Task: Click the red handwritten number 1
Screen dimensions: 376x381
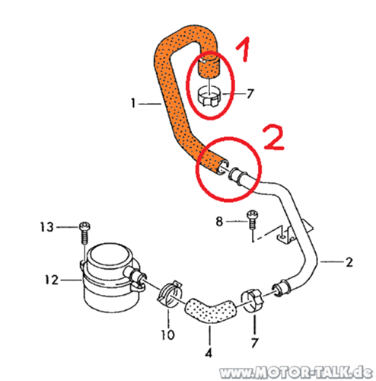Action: (244, 49)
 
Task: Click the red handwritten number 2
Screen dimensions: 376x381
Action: (274, 137)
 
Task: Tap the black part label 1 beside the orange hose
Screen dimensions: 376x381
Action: (133, 104)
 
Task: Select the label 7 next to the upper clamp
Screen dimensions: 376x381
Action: (250, 94)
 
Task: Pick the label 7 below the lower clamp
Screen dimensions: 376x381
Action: (254, 343)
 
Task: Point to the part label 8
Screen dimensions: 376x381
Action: (219, 222)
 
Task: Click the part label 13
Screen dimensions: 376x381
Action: (47, 227)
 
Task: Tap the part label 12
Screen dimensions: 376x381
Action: (52, 280)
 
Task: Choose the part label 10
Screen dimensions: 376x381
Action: (168, 335)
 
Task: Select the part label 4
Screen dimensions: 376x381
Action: (209, 353)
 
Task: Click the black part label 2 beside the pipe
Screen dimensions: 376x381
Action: (349, 262)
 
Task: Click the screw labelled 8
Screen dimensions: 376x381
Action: (252, 219)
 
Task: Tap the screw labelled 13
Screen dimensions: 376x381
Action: (84, 232)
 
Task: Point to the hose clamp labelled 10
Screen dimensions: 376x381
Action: (170, 294)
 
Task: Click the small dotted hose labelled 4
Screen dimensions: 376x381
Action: (211, 311)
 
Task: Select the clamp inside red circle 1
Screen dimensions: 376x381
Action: (209, 97)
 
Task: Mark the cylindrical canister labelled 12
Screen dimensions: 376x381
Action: (110, 277)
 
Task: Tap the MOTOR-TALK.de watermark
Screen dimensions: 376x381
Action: (296, 373)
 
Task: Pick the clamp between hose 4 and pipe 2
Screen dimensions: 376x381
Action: (253, 300)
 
